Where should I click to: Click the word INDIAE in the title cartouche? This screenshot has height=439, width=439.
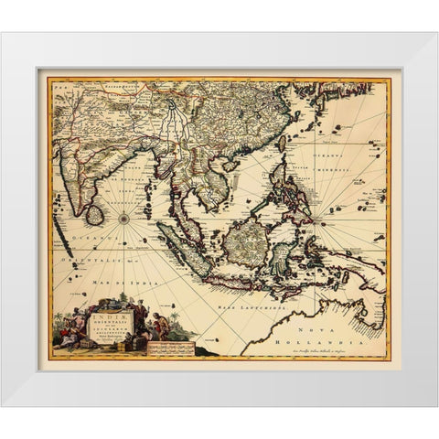coord(109,316)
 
